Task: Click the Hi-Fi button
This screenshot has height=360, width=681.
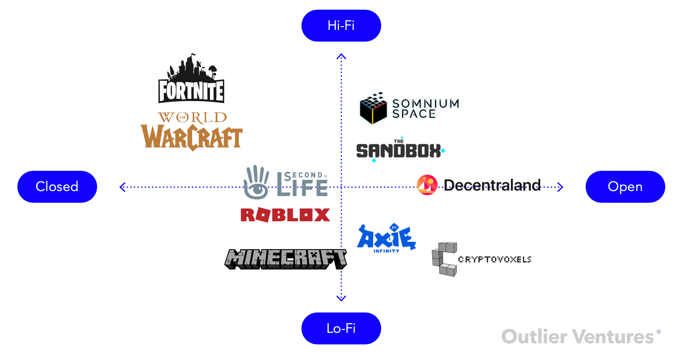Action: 341,25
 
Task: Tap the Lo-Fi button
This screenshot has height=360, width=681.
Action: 341,328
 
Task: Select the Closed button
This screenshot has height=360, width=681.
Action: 57,187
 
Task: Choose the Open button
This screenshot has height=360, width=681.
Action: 625,187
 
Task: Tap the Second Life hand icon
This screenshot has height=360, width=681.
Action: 256,182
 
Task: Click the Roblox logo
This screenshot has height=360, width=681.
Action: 285,215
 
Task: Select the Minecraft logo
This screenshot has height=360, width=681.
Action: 285,259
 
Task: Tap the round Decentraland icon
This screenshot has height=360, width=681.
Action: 427,185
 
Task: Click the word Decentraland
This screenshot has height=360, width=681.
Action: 492,185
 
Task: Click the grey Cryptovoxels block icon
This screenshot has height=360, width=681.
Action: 444,259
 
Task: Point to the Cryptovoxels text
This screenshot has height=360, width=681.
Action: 494,260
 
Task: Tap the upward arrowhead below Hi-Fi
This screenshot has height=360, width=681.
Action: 341,56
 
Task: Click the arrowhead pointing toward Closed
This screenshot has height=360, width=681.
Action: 122,187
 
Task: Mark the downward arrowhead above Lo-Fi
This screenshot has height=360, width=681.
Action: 341,298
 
